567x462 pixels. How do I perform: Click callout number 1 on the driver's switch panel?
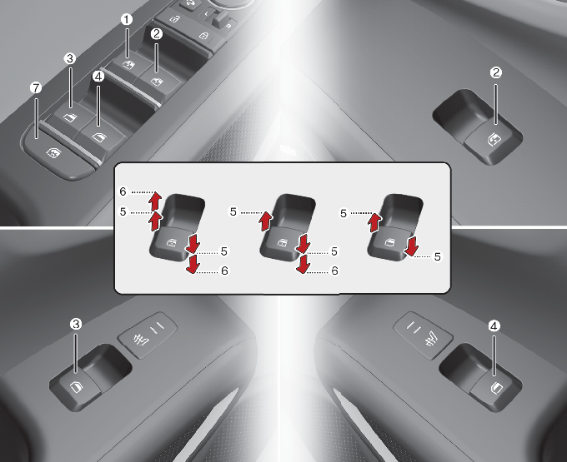pos(127,19)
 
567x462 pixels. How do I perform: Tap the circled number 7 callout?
pos(36,88)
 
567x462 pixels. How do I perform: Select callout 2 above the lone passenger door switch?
pos(496,72)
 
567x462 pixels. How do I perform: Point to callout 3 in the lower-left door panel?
pos(76,324)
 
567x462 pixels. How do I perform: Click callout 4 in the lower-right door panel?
pos(494,326)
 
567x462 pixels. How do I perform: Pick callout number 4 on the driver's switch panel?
pos(98,77)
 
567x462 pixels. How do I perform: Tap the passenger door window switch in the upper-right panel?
pos(494,140)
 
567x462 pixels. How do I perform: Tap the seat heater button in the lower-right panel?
pos(423,335)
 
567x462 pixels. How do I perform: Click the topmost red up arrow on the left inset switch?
pos(155,201)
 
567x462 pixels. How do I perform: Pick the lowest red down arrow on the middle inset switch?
pos(303,264)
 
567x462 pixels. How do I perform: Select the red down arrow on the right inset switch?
pos(412,246)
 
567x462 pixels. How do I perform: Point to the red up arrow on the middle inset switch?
pos(266,221)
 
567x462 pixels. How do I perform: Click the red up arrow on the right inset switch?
pos(375,223)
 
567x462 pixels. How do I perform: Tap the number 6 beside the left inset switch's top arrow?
pos(123,191)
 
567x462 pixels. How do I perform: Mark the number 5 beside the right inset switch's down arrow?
pos(438,256)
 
